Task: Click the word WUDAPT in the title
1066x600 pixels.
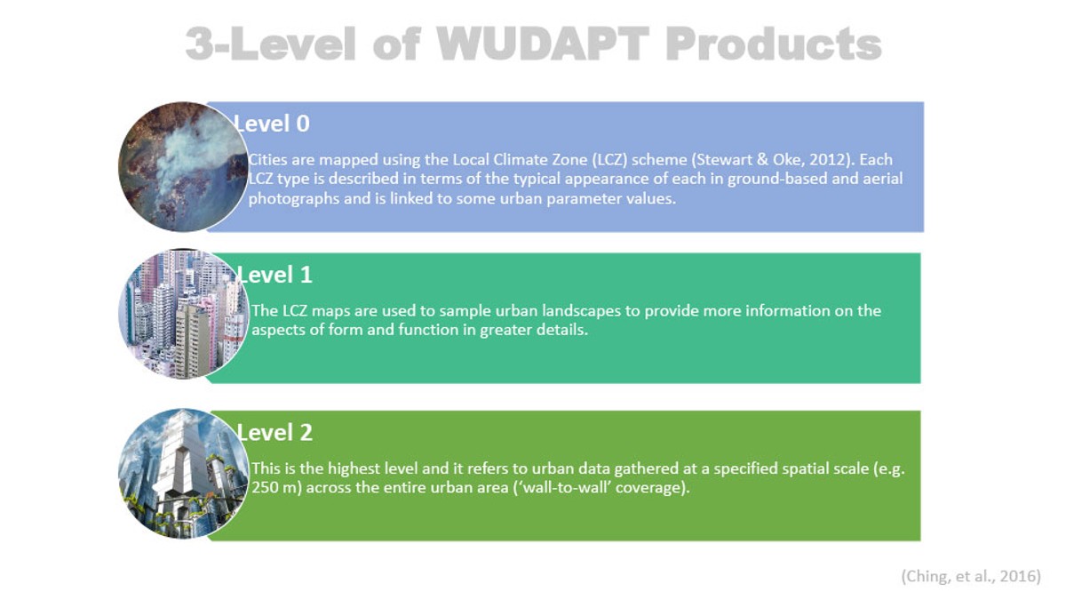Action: pyautogui.click(x=543, y=44)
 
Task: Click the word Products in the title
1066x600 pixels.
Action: pyautogui.click(x=774, y=44)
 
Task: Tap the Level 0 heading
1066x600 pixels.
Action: pyautogui.click(x=271, y=124)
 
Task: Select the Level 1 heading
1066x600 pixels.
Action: pyautogui.click(x=274, y=275)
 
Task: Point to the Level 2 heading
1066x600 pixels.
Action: pyautogui.click(x=274, y=432)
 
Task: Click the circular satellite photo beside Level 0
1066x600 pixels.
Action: pyautogui.click(x=183, y=167)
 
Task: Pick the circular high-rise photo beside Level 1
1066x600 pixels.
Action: pyautogui.click(x=183, y=315)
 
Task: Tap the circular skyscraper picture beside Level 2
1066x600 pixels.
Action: pyautogui.click(x=183, y=474)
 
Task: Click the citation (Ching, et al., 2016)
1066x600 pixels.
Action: pyautogui.click(x=971, y=576)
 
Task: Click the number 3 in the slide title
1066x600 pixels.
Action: pyautogui.click(x=199, y=44)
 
